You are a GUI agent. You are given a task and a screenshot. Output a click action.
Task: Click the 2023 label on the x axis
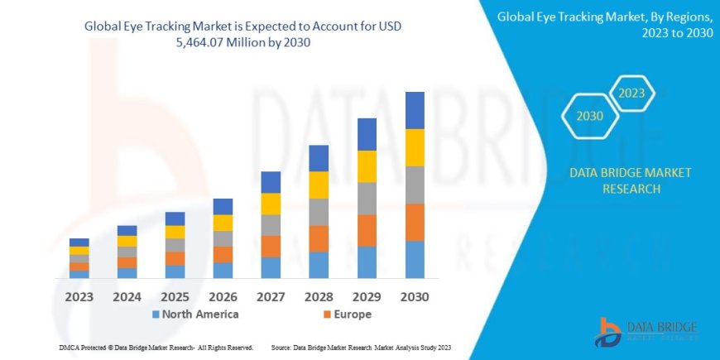pyautogui.click(x=79, y=296)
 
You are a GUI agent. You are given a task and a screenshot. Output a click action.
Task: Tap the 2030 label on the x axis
pyautogui.click(x=415, y=296)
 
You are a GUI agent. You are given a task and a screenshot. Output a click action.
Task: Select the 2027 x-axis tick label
pyautogui.click(x=271, y=296)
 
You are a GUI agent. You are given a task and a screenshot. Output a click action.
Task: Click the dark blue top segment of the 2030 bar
pyautogui.click(x=415, y=110)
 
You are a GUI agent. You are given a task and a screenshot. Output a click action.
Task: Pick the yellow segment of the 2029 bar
pyautogui.click(x=367, y=166)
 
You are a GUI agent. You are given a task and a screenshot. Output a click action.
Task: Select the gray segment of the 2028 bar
pyautogui.click(x=319, y=212)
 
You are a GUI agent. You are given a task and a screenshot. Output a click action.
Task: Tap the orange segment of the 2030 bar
pyautogui.click(x=415, y=222)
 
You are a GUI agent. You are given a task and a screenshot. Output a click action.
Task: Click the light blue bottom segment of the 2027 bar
pyautogui.click(x=271, y=267)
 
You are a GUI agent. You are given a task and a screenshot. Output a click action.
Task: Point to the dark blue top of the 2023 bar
pyautogui.click(x=79, y=242)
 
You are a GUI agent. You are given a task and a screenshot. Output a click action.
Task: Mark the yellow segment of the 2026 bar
pyautogui.click(x=223, y=223)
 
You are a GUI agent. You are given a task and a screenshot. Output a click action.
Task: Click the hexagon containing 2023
pyautogui.click(x=631, y=94)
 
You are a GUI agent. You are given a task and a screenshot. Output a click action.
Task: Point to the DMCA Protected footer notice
pyautogui.click(x=156, y=348)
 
